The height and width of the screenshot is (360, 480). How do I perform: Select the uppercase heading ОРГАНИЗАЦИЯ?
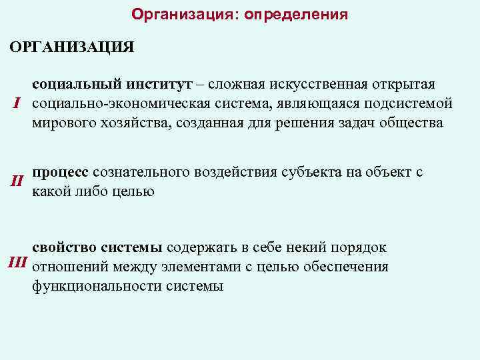pos(71,48)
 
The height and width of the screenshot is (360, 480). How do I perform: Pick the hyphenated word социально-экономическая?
pos(122,104)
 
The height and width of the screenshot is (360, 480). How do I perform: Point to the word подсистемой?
pos(412,104)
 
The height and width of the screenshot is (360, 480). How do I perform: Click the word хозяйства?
pos(138,123)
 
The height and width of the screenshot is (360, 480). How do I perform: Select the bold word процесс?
pos(60,172)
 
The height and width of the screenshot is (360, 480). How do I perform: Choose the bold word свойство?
pos(64,248)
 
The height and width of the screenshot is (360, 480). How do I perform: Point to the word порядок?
pos(361,248)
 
